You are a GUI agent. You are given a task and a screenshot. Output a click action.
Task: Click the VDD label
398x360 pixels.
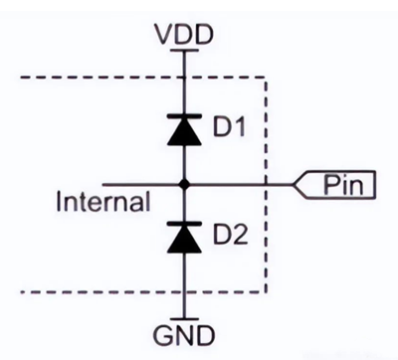click(x=184, y=35)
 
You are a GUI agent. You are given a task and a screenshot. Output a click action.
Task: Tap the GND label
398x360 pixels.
click(x=184, y=335)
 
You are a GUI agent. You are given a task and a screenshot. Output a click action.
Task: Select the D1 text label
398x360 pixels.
click(x=229, y=126)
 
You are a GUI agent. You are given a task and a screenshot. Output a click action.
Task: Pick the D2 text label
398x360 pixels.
click(x=230, y=234)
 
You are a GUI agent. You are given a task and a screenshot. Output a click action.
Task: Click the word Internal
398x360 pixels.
click(x=103, y=201)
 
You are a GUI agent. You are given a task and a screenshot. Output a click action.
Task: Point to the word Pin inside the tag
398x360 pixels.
click(x=343, y=184)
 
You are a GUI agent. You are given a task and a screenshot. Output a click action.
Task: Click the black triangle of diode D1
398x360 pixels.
click(x=184, y=131)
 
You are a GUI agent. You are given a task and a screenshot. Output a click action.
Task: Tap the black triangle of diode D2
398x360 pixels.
click(x=184, y=239)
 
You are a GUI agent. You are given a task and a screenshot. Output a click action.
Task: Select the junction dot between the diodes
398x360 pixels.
click(x=184, y=184)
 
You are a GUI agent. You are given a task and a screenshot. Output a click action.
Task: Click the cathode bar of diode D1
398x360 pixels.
click(x=184, y=115)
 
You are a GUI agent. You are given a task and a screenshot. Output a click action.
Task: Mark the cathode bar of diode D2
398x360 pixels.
click(x=184, y=224)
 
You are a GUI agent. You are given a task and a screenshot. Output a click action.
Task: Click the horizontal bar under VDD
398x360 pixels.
click(x=184, y=51)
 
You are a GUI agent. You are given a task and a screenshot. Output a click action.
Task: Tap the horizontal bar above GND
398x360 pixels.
click(x=184, y=319)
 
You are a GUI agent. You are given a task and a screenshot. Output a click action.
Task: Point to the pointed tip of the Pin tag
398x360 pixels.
click(x=294, y=184)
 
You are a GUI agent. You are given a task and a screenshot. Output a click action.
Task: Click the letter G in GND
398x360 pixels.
click(x=163, y=335)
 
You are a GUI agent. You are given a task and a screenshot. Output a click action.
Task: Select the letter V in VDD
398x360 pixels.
click(x=165, y=35)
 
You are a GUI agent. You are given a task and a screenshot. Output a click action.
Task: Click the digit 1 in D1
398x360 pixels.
click(x=240, y=126)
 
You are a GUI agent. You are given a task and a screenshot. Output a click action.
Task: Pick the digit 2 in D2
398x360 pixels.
click(x=240, y=234)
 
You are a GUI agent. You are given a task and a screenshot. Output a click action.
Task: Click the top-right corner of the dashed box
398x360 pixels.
click(x=266, y=78)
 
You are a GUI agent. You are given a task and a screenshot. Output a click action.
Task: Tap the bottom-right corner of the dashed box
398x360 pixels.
click(x=266, y=292)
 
